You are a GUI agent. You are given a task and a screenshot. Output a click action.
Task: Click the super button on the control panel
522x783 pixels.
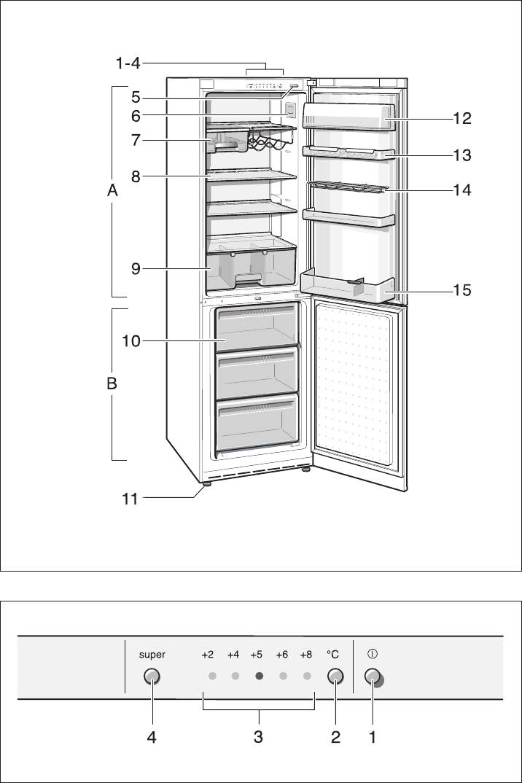152,676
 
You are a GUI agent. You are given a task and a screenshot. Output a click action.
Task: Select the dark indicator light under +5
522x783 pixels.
259,676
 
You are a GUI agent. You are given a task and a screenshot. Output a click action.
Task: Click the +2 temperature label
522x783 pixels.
208,655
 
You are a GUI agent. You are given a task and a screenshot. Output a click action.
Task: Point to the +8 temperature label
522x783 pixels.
305,655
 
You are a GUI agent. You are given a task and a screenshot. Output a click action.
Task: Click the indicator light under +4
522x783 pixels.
235,676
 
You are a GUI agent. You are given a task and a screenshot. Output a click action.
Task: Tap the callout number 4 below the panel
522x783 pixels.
152,737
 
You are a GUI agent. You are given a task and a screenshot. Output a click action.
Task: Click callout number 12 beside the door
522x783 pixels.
461,118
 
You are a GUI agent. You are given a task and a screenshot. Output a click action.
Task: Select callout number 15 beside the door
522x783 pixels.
461,290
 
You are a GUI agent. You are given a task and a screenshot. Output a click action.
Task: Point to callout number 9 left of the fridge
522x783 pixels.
136,269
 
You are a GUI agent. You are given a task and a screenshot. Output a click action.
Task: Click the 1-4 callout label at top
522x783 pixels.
128,64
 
